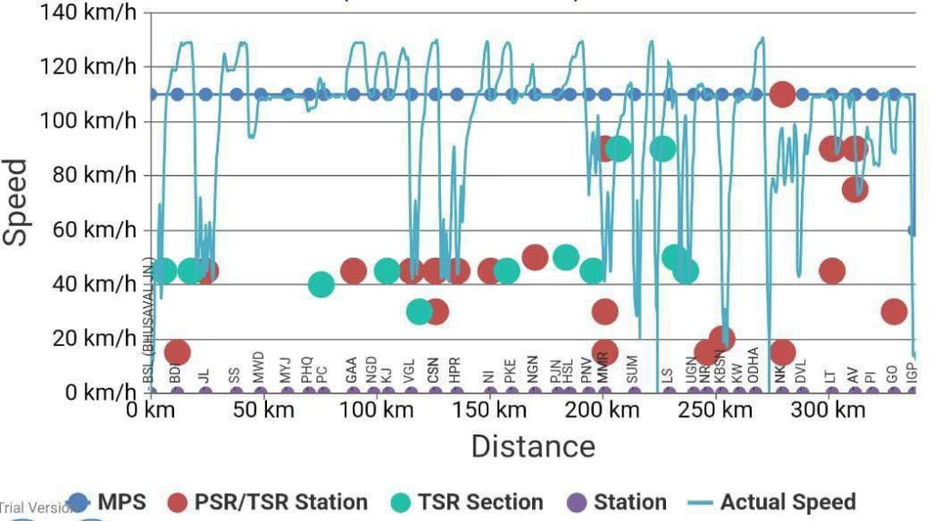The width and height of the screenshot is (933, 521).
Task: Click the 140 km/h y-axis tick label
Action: coord(88,13)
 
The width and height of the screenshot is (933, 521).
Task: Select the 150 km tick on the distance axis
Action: coord(490,410)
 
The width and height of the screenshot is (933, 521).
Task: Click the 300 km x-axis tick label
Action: coord(828,410)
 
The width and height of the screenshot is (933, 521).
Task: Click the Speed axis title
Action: coord(16,202)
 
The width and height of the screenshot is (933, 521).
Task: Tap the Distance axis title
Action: coord(533,446)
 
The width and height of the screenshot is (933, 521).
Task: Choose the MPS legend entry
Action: coord(108,502)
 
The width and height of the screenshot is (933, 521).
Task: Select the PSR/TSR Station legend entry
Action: coord(269,502)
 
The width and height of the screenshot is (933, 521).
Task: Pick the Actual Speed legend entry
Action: coord(774,502)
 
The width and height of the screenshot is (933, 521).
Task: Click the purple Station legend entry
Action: coord(617,502)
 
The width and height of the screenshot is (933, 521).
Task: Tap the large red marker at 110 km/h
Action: coord(782,94)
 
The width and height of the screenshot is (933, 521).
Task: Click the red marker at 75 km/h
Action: coord(855,189)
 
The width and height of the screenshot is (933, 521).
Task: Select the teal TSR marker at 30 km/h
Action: coord(419,312)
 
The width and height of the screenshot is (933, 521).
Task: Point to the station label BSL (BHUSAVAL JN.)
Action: coord(148,319)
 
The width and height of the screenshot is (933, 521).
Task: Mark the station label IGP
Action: coord(912,371)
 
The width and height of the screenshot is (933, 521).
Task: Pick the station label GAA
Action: coord(352,369)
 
